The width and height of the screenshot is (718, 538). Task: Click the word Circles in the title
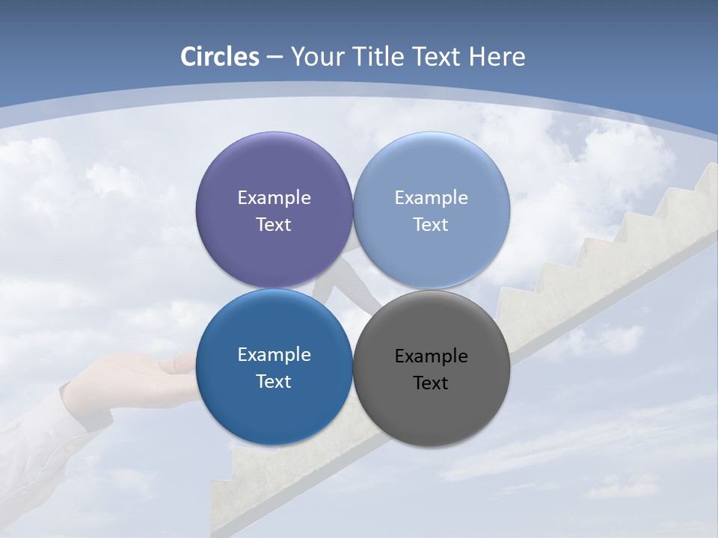click(x=219, y=57)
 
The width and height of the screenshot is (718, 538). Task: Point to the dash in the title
click(x=274, y=58)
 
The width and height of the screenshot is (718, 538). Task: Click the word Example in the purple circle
click(x=274, y=197)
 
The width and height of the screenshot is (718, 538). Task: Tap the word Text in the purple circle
click(x=274, y=224)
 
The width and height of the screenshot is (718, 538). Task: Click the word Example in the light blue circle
click(x=431, y=197)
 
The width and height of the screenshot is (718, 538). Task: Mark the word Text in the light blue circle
click(x=431, y=224)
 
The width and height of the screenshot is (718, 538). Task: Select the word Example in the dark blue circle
click(x=274, y=354)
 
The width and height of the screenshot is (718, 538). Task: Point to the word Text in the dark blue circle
click(x=274, y=381)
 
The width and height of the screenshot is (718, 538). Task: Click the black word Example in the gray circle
click(x=431, y=356)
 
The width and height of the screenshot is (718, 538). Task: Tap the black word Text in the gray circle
click(x=431, y=383)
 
